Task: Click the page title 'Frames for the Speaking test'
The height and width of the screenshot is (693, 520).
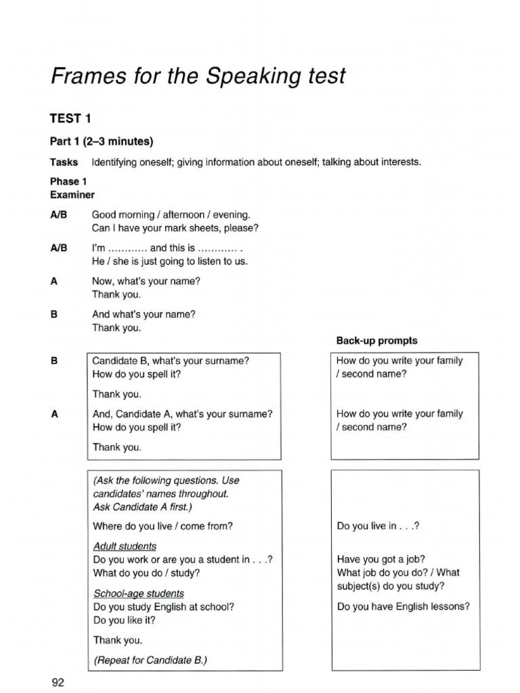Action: coord(198,76)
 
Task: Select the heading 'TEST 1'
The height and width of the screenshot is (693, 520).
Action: coord(70,119)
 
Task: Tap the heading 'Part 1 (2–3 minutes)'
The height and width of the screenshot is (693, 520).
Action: coord(102,141)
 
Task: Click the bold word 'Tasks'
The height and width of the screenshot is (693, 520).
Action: coord(64,162)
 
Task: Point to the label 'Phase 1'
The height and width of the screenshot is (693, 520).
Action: coord(68,181)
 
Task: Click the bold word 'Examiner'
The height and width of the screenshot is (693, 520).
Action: coord(72,194)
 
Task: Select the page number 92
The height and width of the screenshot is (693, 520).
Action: coord(58,682)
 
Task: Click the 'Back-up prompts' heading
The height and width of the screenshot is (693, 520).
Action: coord(377,340)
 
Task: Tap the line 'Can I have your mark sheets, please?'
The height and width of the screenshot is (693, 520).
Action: coord(175,228)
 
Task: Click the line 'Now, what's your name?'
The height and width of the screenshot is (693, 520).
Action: coord(146,281)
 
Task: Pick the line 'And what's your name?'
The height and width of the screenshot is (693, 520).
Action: coord(144,314)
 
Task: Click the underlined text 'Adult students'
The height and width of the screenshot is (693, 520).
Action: coord(125,545)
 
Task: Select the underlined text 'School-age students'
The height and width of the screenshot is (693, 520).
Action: coord(138,594)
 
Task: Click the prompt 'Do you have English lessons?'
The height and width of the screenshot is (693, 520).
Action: coord(403,606)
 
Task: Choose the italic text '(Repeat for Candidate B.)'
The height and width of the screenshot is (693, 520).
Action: coord(150,660)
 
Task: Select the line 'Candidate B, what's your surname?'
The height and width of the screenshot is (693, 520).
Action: coord(171,361)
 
